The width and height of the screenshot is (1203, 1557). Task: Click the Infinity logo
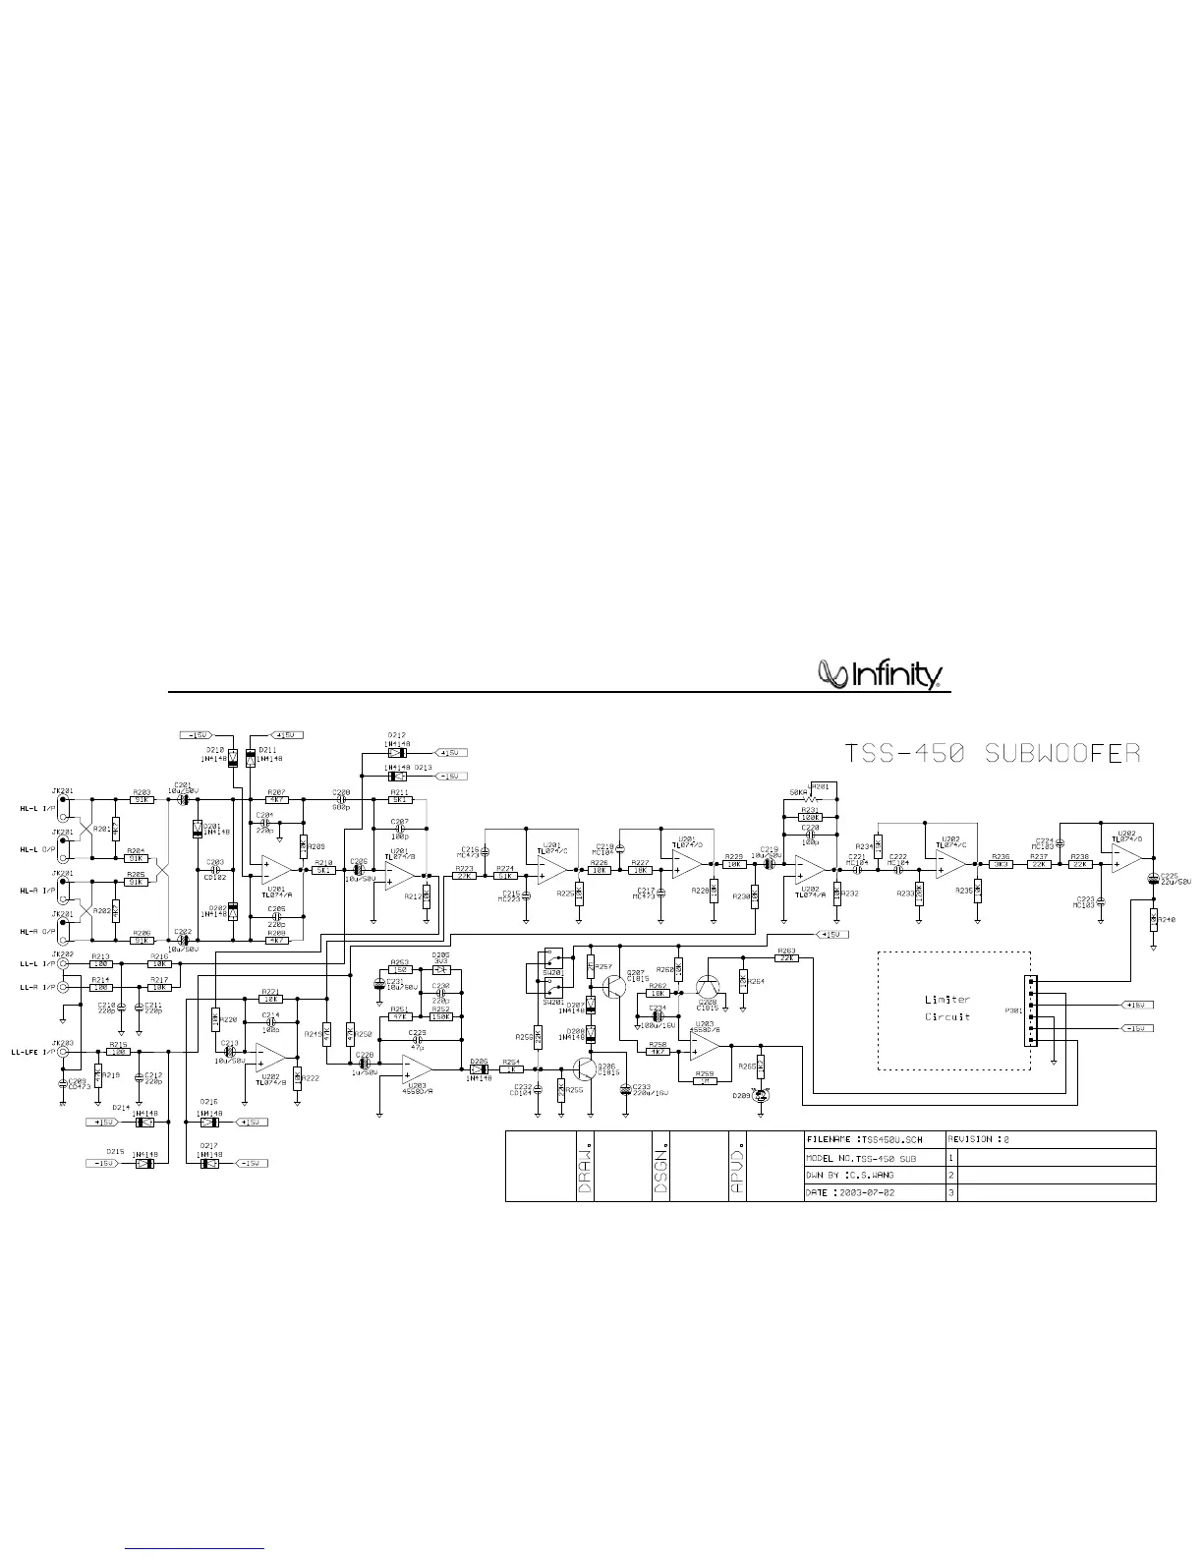[881, 674]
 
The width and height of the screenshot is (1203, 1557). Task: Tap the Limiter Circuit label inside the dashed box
[947, 1008]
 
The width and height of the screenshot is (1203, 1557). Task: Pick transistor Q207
[614, 983]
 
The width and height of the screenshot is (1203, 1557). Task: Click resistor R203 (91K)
[142, 800]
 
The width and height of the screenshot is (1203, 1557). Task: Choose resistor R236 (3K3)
[1001, 865]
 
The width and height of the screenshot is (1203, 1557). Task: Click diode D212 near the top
[396, 753]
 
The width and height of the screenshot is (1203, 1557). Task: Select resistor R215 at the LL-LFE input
[117, 1052]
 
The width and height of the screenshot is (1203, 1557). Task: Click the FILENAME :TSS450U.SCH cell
[873, 1139]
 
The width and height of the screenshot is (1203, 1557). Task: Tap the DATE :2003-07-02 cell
[873, 1192]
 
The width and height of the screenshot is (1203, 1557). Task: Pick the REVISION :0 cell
[1050, 1139]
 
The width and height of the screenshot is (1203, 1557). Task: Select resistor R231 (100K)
[810, 817]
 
